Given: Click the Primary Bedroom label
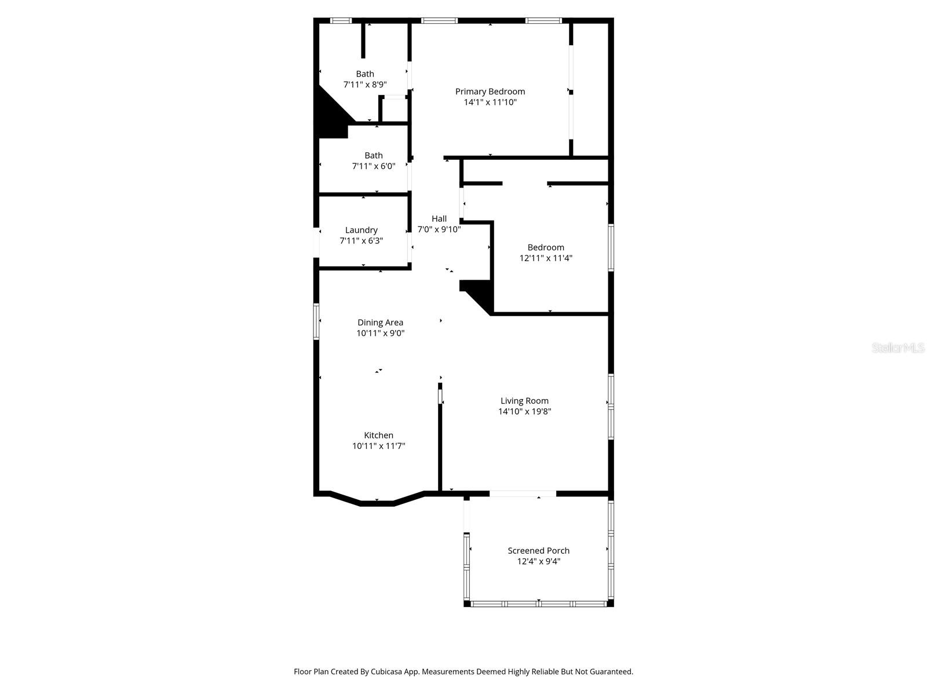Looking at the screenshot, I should coord(490,92).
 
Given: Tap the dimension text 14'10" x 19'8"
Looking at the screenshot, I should coord(524,412).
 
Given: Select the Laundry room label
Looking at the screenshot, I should coord(361,230).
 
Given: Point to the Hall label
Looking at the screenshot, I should coord(439,218).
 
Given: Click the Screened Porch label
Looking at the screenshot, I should coord(538,551).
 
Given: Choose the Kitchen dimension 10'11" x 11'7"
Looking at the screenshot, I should coord(378,446).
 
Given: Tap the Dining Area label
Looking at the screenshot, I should coord(380,323).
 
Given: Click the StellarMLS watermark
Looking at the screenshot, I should coord(897,348).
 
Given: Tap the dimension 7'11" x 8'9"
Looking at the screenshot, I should coord(365,85).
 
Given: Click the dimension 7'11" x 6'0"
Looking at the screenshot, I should coord(374,166).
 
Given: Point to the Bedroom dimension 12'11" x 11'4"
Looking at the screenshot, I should coord(546,258).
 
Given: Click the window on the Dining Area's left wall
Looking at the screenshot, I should coord(316,321).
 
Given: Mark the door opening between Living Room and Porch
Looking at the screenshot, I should coord(523,494).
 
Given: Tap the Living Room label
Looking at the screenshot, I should coord(524,401).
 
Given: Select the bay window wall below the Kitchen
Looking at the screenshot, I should coord(377,503).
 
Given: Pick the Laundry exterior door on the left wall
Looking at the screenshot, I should coord(316,243).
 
